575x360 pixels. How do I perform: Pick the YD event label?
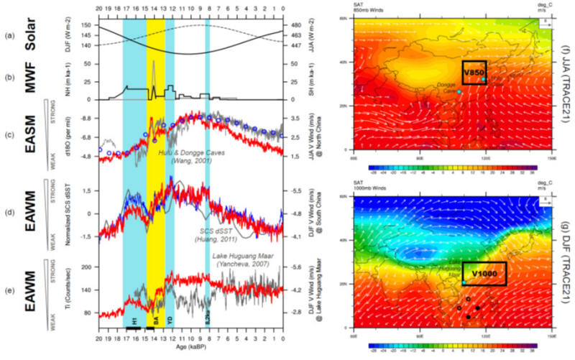point(170,322)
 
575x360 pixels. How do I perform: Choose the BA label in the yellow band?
point(156,322)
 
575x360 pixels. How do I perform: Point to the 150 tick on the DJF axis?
point(87,25)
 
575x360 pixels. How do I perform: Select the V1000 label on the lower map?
point(484,274)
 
